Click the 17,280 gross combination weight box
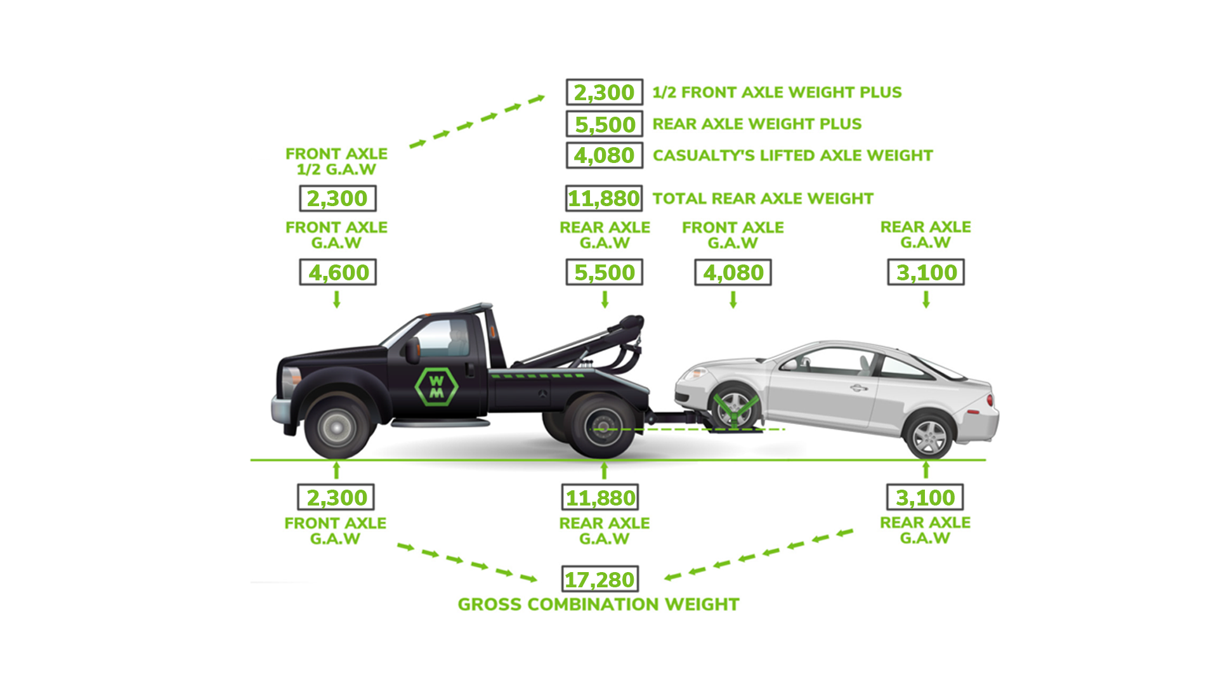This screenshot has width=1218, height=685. coord(600,579)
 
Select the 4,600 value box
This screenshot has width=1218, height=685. coord(338,272)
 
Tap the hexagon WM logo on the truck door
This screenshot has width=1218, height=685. coord(436,386)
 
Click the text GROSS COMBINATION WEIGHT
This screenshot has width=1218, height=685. coord(599,604)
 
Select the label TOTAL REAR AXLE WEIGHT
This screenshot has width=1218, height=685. coord(763,199)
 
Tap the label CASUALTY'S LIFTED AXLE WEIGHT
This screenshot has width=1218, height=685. coord(793,155)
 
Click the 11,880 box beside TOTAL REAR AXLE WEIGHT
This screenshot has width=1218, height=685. coord(605,199)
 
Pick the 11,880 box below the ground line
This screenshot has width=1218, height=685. coord(600,497)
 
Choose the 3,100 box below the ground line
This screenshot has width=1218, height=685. coord(925,497)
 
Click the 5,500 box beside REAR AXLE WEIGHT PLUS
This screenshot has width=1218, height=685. coord(605,124)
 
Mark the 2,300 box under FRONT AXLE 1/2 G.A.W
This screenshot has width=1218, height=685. coord(338,199)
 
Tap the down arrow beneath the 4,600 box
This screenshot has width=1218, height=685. coord(337,299)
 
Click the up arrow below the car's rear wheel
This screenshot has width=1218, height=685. coord(926,470)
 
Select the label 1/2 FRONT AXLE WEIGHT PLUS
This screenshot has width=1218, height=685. coord(777,93)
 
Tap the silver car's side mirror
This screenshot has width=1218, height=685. coord(790,365)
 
